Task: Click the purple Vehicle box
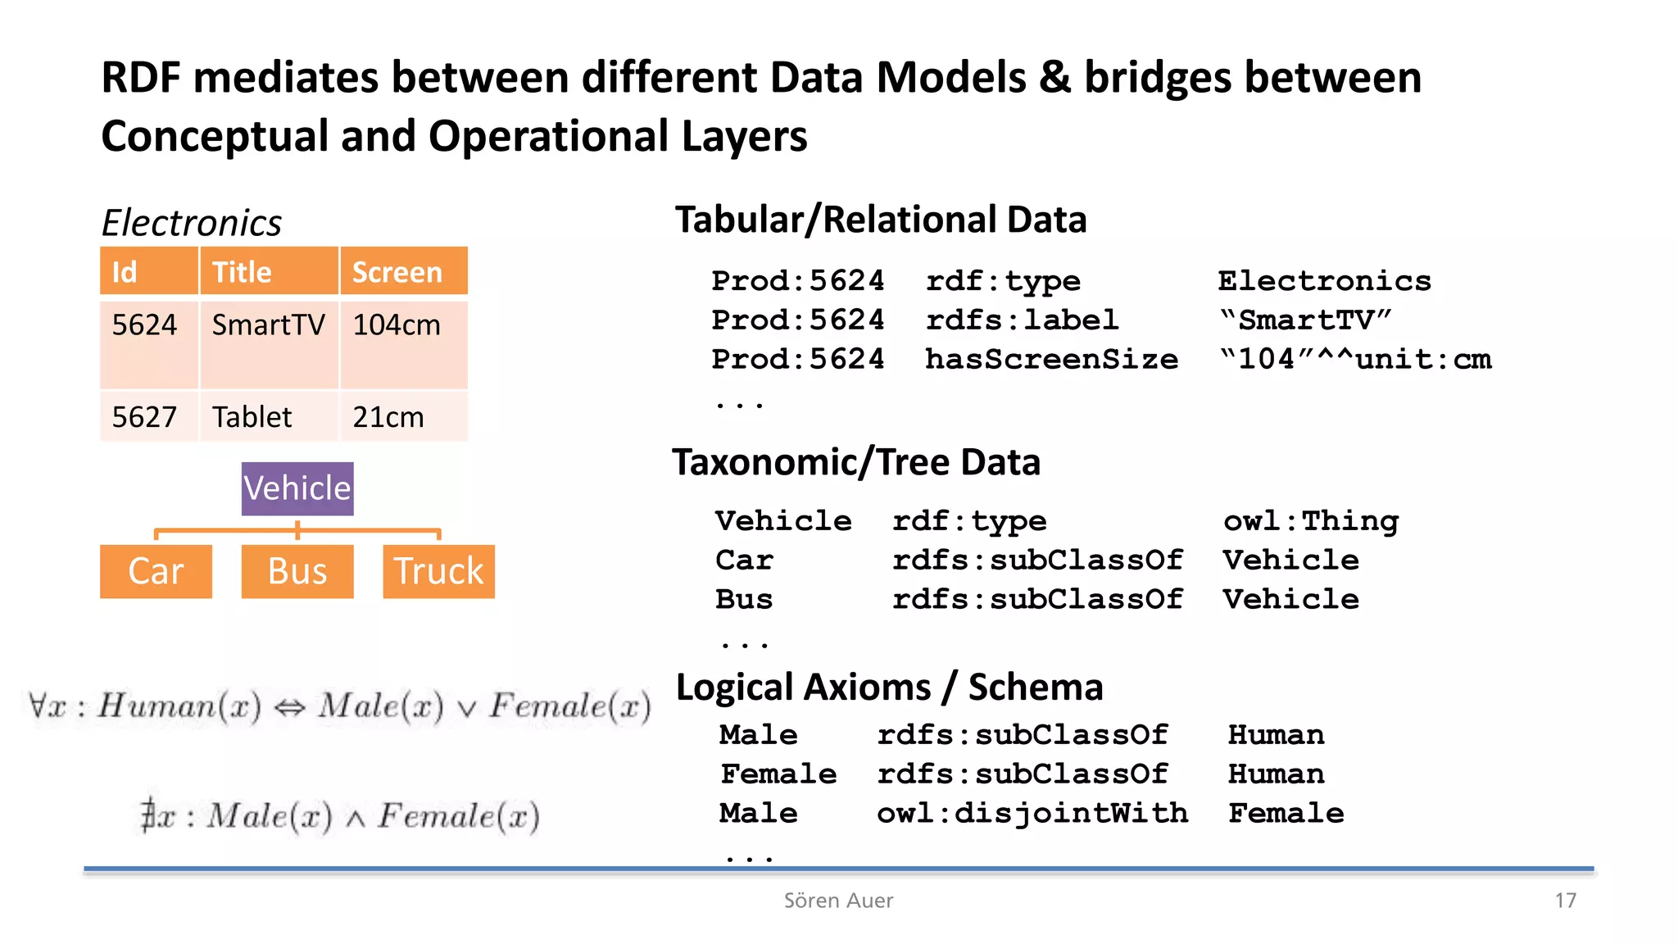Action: pos(297,488)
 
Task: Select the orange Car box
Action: pos(156,571)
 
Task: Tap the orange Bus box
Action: pos(297,571)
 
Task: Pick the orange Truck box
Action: pos(438,571)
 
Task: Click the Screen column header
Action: pos(403,271)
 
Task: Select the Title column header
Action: pos(269,271)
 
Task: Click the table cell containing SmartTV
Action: pos(269,325)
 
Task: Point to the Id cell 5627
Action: pos(145,417)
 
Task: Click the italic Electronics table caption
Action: pos(191,223)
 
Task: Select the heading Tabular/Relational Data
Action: pos(881,220)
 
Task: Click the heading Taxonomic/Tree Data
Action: pos(856,462)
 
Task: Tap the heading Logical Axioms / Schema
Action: pos(889,687)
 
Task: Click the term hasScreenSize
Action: pos(1051,359)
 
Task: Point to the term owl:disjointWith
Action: pos(1032,813)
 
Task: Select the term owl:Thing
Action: pos(1311,521)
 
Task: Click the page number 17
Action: pos(1565,901)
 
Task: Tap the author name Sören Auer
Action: pos(838,901)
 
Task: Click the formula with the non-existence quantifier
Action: pos(340,816)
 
